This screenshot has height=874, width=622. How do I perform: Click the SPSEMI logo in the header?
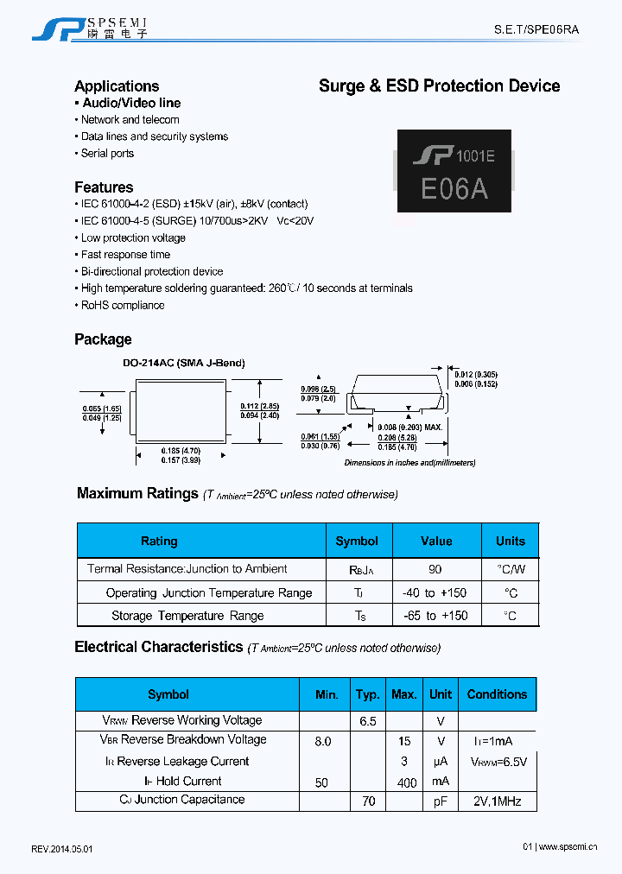(x=90, y=28)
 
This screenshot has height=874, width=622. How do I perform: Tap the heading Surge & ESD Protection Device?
(x=439, y=86)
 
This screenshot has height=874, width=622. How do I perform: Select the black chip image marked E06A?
(x=454, y=171)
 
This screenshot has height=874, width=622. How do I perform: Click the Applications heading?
(x=117, y=86)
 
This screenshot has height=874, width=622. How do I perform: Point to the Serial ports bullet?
(x=107, y=154)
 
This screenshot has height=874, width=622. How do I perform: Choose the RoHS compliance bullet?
(x=122, y=306)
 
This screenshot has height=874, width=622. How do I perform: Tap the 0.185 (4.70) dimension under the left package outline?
(x=181, y=450)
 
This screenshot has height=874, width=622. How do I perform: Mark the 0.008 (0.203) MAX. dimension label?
(x=410, y=427)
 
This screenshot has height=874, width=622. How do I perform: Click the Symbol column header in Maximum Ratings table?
(x=357, y=541)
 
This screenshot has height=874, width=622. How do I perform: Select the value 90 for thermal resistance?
(x=435, y=569)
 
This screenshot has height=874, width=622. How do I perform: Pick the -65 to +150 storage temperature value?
(x=435, y=616)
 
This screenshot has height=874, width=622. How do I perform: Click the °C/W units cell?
(x=511, y=569)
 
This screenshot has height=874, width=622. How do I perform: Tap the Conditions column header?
(x=497, y=694)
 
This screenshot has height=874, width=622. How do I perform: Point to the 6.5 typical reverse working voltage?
(x=367, y=720)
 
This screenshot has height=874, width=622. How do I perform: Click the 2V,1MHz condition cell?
(x=497, y=801)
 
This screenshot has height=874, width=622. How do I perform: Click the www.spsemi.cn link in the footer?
(x=568, y=847)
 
